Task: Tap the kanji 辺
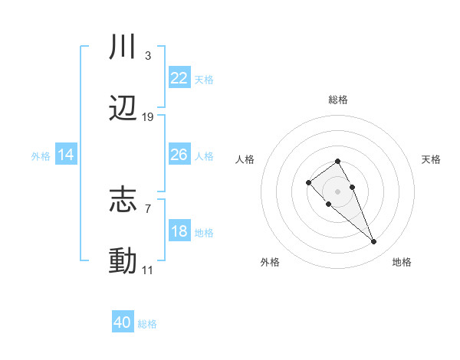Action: [x=123, y=109]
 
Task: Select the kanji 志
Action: [x=123, y=201]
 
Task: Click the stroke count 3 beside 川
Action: [x=147, y=56]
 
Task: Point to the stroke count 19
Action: [x=148, y=117]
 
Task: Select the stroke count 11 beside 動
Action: [x=148, y=270]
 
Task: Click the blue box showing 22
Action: [x=179, y=78]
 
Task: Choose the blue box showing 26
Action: [x=179, y=155]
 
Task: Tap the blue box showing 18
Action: [x=179, y=231]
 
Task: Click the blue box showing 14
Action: [x=66, y=155]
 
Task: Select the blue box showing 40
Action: [x=123, y=322]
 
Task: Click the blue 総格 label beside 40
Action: [x=147, y=324]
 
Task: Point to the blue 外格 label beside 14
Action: [x=41, y=156]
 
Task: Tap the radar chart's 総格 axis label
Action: [x=337, y=100]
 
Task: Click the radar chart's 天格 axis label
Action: [x=432, y=159]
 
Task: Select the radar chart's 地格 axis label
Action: [x=402, y=262]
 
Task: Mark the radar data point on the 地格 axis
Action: [x=373, y=242]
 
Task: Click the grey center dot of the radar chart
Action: [x=337, y=191]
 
